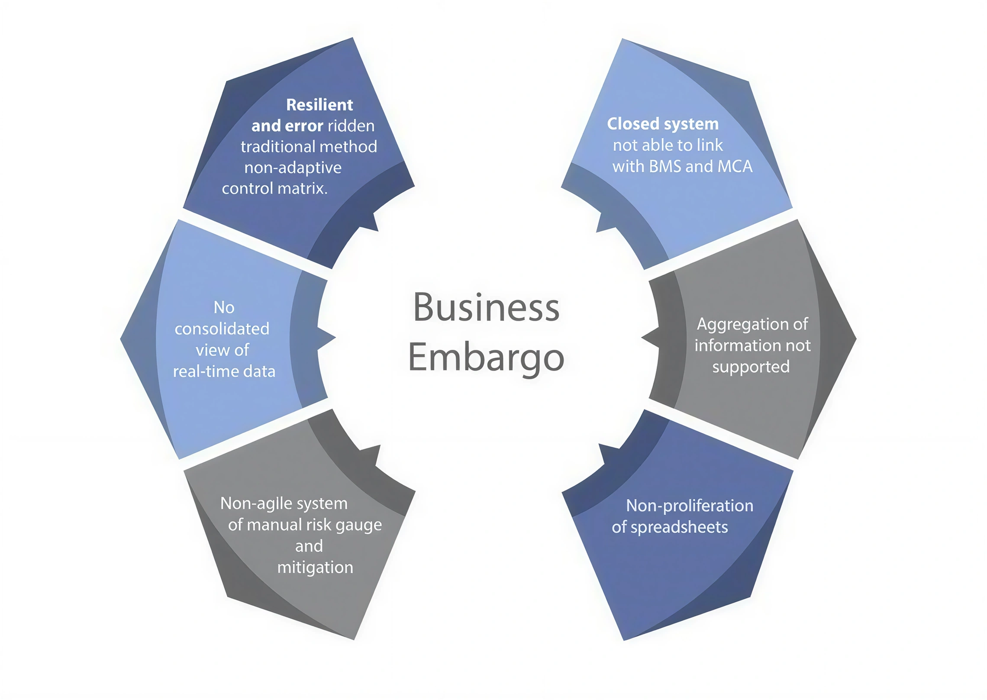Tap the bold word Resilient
tap(319, 105)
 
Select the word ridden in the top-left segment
tap(351, 126)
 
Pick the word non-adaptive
tap(293, 168)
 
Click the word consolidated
tap(222, 329)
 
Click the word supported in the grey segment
tap(751, 367)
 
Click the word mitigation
tap(315, 567)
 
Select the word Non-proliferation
tap(689, 506)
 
